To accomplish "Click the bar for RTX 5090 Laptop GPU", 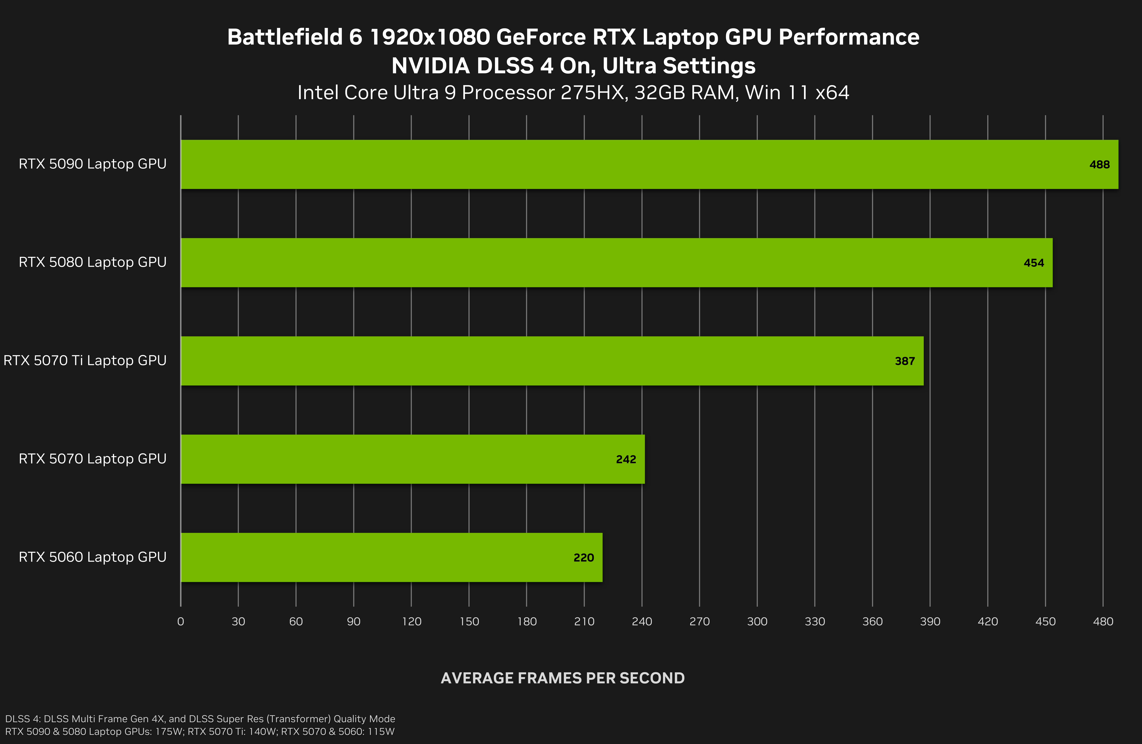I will coord(648,165).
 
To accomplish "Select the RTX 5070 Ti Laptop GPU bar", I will coord(552,361).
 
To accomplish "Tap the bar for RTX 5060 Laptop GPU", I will coord(391,557).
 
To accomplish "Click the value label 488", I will coord(1099,165).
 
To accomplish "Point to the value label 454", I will coord(1034,263).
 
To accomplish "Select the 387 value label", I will coord(905,361).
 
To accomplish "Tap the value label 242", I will coord(626,460).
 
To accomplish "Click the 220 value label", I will coord(584,558).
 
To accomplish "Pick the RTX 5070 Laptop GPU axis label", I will coord(93,459).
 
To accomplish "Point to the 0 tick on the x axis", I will coord(180,622).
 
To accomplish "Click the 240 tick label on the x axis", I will coord(642,622).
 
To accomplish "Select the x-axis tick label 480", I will coord(1103,622).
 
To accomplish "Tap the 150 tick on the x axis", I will coord(469,622).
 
